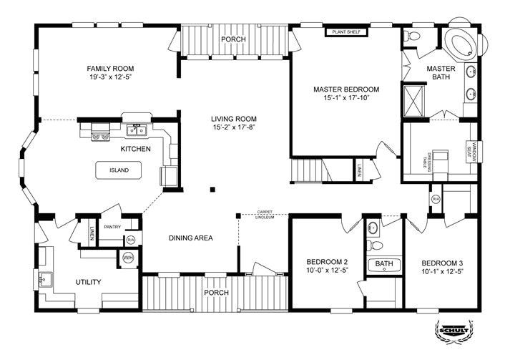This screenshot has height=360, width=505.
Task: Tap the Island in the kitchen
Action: point(119,171)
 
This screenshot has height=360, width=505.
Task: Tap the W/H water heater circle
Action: point(129,258)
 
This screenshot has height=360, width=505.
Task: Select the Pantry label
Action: point(112,226)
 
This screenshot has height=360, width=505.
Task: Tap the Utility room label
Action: point(88,282)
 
